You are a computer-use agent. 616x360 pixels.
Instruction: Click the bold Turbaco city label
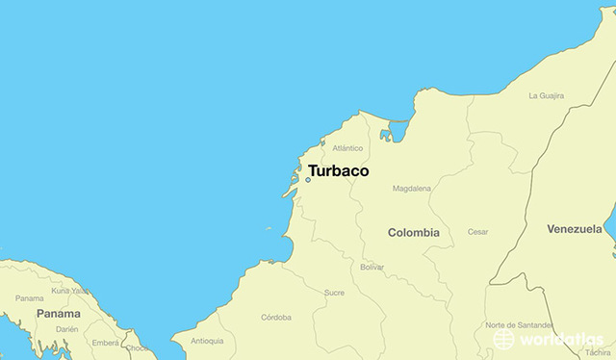tap(338, 171)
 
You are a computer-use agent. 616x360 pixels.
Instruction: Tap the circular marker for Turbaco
tap(308, 179)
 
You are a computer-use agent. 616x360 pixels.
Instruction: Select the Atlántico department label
tap(347, 148)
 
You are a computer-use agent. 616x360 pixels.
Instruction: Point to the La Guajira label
tap(546, 95)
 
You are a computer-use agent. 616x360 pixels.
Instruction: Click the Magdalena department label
tap(411, 189)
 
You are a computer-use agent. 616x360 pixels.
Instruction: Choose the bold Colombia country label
tap(413, 232)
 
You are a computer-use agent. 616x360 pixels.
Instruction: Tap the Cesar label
tap(477, 232)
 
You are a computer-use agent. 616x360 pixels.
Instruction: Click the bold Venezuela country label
tap(574, 229)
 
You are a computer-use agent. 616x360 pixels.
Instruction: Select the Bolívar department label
tap(372, 267)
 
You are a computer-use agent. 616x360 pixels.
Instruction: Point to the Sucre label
tap(334, 292)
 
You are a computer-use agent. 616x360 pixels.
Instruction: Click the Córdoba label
tap(276, 317)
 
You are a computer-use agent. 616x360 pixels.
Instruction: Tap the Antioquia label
tap(207, 341)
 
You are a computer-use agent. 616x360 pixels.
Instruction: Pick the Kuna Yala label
tap(70, 290)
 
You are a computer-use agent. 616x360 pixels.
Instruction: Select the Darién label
tap(66, 328)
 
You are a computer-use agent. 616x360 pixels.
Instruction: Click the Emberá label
tap(106, 342)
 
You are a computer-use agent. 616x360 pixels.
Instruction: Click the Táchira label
tap(597, 352)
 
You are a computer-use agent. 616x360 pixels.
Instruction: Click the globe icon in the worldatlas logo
tap(502, 339)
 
